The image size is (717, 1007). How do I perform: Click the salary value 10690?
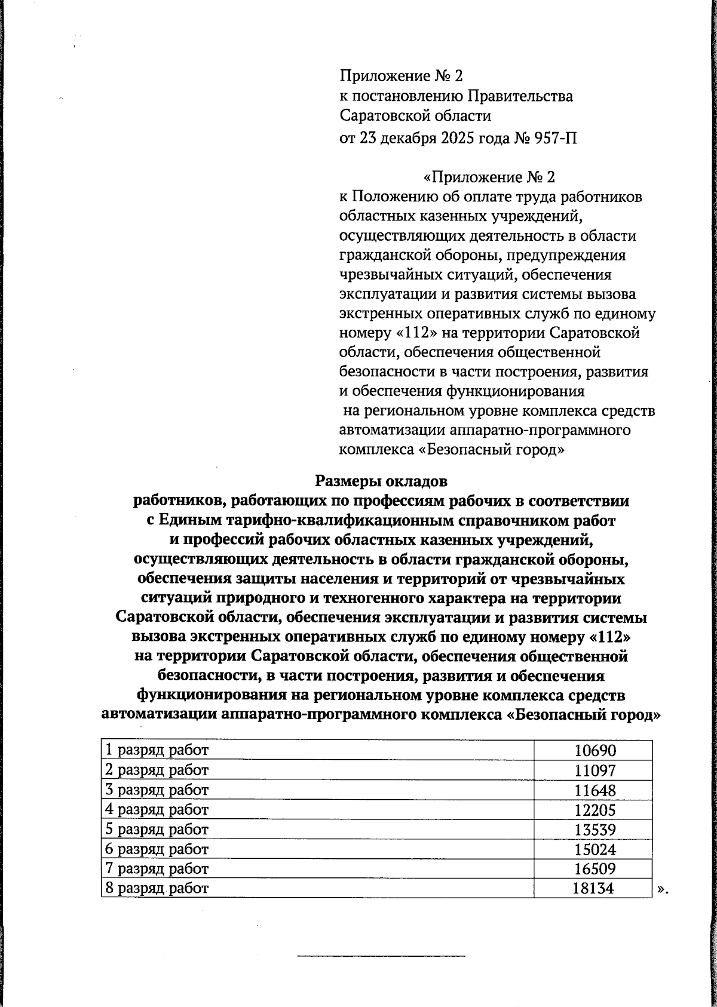tap(595, 751)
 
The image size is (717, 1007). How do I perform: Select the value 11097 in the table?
tap(595, 770)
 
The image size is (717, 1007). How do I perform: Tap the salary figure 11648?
tap(595, 790)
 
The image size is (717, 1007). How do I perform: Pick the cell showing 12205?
tap(595, 810)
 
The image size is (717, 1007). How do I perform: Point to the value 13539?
tap(595, 830)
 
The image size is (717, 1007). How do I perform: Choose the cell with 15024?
tap(595, 849)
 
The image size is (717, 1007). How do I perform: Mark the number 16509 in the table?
tap(595, 868)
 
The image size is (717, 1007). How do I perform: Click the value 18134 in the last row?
tap(593, 888)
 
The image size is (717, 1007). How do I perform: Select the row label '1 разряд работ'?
tap(157, 751)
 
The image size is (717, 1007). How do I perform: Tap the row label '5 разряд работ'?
tap(157, 830)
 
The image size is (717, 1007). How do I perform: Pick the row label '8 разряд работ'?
tap(157, 888)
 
